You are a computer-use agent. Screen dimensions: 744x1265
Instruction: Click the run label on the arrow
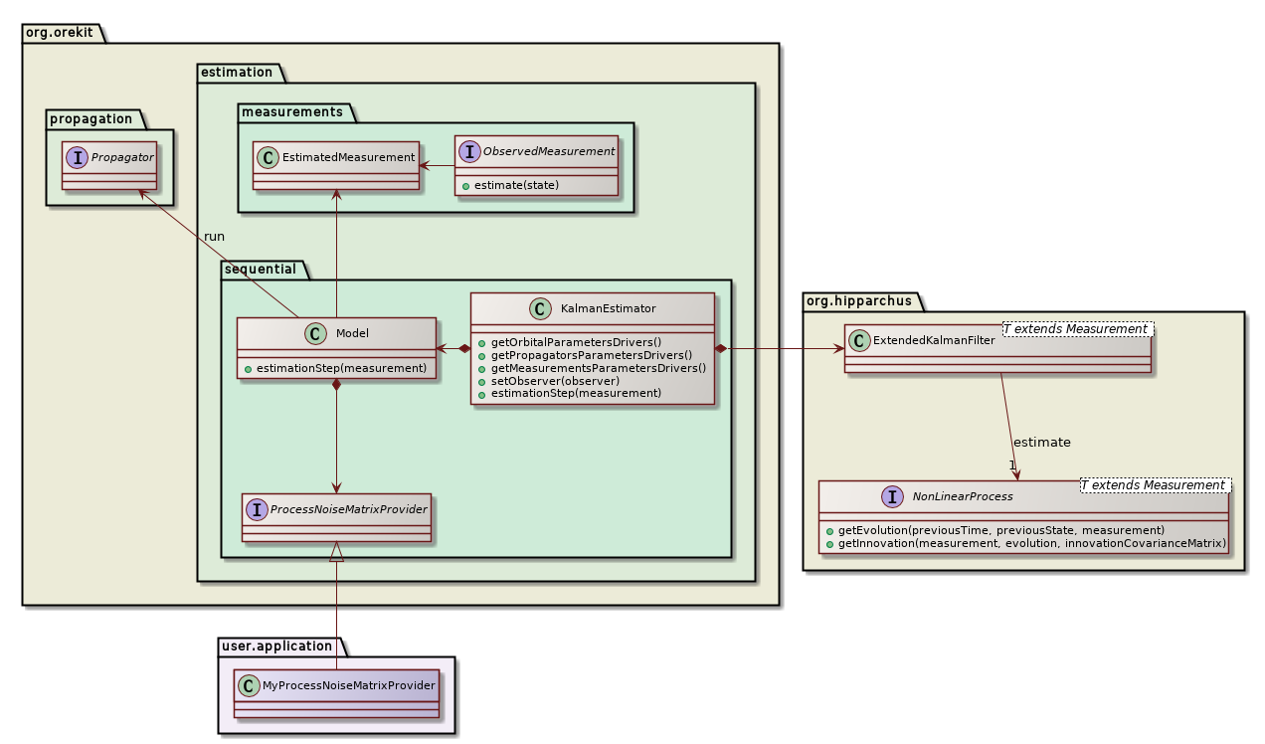pyautogui.click(x=214, y=237)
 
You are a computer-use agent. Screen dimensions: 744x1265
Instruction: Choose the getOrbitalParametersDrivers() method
pyautogui.click(x=568, y=342)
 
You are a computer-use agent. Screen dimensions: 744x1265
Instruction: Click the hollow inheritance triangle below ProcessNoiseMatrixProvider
pyautogui.click(x=337, y=552)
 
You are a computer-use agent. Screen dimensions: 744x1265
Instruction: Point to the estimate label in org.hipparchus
pyautogui.click(x=1041, y=442)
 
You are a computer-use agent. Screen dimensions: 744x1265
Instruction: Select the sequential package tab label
pyautogui.click(x=262, y=270)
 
